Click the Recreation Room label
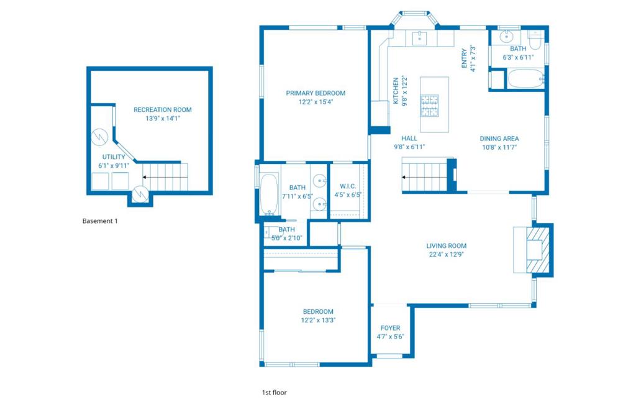163,110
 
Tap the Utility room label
114,157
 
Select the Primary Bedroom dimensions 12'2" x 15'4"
316,103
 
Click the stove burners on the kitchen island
429,105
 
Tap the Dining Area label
499,139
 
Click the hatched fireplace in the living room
538,250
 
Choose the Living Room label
446,246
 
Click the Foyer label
390,328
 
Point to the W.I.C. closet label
347,186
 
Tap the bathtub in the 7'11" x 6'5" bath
269,194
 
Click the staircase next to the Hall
425,175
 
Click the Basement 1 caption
100,221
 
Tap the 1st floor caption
274,393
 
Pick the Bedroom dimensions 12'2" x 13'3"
317,321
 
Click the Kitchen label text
396,91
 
